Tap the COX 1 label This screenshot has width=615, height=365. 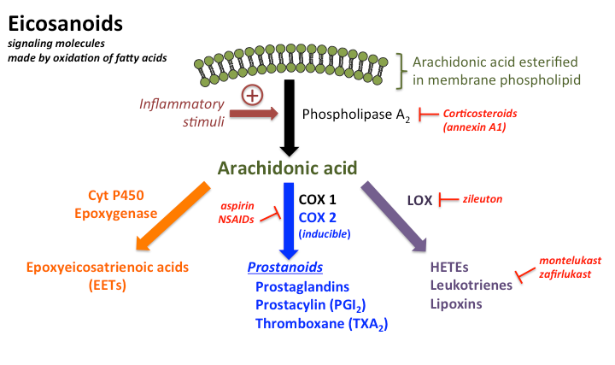click(x=319, y=198)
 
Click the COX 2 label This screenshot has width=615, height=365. click(x=319, y=217)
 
